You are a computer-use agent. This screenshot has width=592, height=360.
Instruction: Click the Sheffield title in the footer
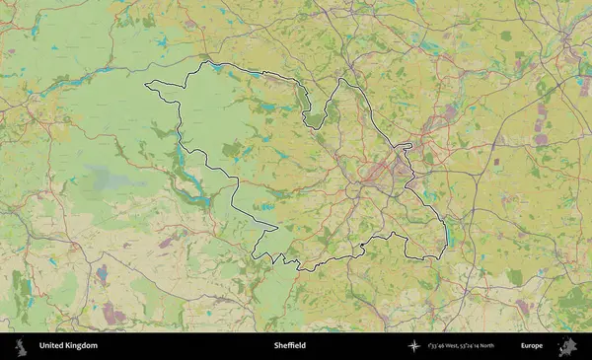pos(290,346)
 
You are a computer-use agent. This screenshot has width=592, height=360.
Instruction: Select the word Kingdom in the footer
pos(82,346)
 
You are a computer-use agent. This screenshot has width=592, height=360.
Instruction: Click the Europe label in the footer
pos(532,346)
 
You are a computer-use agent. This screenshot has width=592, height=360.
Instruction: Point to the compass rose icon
pos(415,346)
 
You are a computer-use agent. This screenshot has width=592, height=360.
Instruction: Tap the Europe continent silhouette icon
pos(567,346)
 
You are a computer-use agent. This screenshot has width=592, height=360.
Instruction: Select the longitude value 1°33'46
pos(443,346)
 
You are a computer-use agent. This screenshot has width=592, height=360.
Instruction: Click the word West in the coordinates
pos(463,346)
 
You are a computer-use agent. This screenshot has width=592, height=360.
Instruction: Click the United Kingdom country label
pos(68,346)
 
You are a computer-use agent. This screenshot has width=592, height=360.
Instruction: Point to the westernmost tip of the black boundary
pos(146,87)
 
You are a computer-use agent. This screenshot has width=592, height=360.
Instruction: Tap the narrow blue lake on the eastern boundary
pos(449,237)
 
